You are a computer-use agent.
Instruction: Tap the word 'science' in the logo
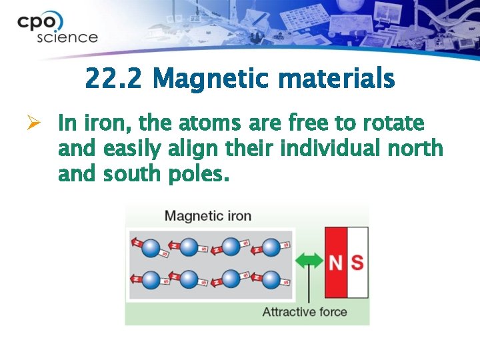67,37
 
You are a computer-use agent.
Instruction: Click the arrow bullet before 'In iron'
37,124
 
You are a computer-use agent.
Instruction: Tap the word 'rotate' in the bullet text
393,124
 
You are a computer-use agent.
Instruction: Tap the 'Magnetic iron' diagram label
207,216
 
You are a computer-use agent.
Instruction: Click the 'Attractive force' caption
305,312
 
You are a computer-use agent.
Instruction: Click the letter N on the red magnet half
336,263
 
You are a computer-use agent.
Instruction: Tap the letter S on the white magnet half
358,263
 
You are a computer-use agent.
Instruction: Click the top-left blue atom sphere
149,247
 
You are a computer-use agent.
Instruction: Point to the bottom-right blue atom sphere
270,278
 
